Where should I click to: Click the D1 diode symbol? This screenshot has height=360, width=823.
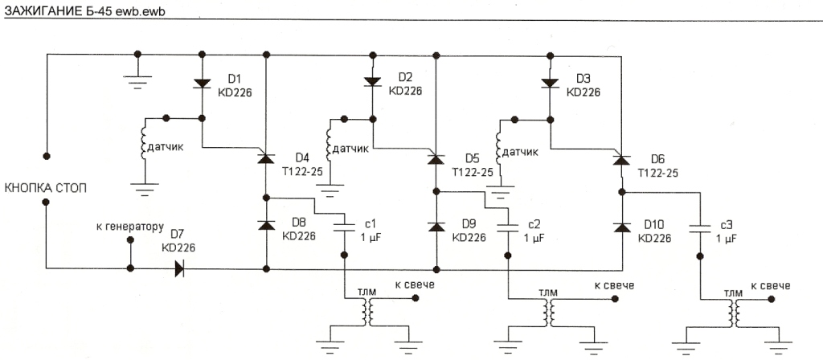201,84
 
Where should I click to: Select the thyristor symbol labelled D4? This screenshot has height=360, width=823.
265,158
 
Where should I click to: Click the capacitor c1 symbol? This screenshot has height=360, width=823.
345,227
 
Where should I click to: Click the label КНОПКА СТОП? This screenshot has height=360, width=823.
47,188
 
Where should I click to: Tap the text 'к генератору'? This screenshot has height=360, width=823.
129,227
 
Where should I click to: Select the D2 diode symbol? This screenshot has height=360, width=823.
372,82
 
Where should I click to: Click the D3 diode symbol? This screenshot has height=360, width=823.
551,82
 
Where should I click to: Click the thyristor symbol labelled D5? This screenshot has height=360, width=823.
436,158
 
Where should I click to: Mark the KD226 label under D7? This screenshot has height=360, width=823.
178,249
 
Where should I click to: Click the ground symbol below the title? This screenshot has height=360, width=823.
138,79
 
